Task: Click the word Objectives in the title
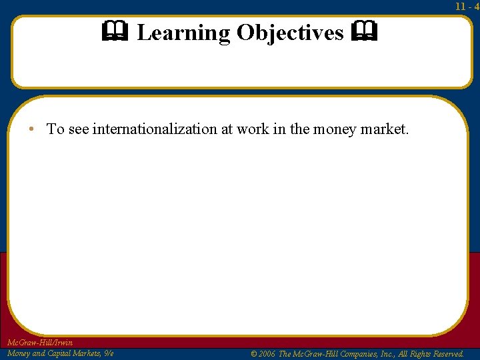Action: (x=290, y=33)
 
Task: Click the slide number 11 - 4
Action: (x=466, y=7)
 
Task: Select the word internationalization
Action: (x=155, y=129)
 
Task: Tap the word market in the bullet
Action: (x=385, y=129)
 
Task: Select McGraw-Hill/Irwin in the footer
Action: (x=40, y=343)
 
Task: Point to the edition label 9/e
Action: (x=108, y=353)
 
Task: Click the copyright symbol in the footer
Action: (x=254, y=354)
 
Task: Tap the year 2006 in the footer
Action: (x=268, y=354)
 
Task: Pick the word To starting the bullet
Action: (x=55, y=129)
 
